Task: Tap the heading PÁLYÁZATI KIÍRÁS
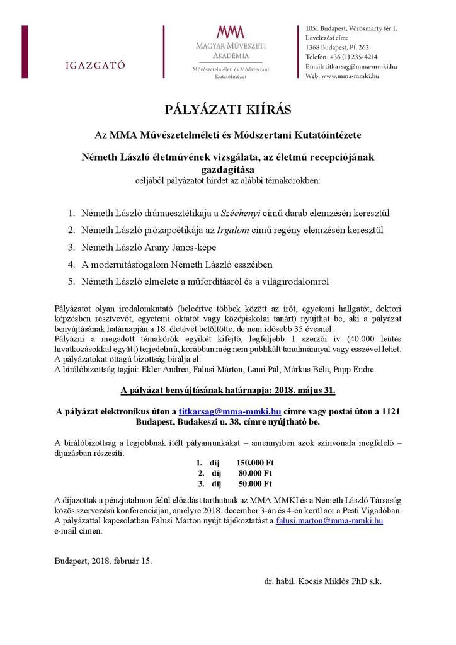pos(228,110)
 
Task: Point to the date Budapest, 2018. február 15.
pos(103,559)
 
